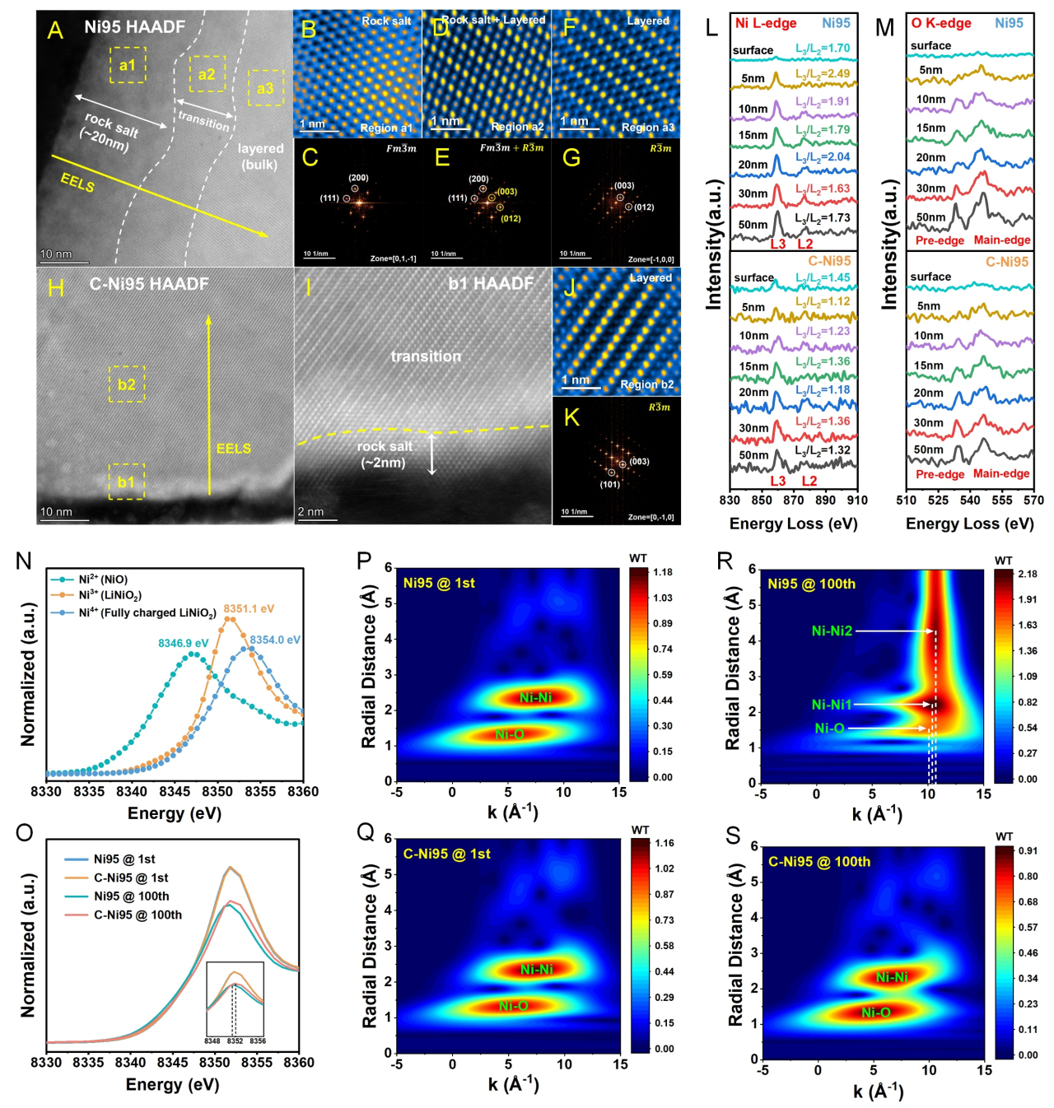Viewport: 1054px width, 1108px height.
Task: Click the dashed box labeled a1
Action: pos(128,65)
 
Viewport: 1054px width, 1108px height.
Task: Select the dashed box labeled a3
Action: pos(265,87)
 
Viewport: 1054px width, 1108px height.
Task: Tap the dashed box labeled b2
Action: pos(127,384)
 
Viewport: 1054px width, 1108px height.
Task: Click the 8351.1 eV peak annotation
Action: pos(249,608)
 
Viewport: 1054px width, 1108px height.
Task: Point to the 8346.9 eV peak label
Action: pos(183,643)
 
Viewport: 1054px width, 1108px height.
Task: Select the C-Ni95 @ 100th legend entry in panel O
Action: pos(138,915)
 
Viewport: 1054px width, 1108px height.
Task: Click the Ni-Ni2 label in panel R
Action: pos(832,631)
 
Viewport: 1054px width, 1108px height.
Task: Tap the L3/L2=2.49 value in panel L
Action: pos(823,74)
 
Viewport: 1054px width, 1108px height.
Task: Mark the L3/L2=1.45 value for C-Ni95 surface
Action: pos(823,277)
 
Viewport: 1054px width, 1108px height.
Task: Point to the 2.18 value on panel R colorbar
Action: pos(1027,574)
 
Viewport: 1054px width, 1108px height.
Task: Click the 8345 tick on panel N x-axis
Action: pos(175,792)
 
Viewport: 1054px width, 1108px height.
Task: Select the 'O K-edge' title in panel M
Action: pos(941,23)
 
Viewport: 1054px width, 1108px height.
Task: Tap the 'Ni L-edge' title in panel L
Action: pos(766,23)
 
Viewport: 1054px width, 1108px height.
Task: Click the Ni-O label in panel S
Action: pos(875,1013)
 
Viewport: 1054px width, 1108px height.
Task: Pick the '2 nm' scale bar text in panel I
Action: pos(310,512)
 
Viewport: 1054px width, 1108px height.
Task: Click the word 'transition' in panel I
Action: pos(426,356)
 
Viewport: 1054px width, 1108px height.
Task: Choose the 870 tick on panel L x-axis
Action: pos(794,500)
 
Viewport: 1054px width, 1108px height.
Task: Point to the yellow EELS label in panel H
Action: pos(233,449)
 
